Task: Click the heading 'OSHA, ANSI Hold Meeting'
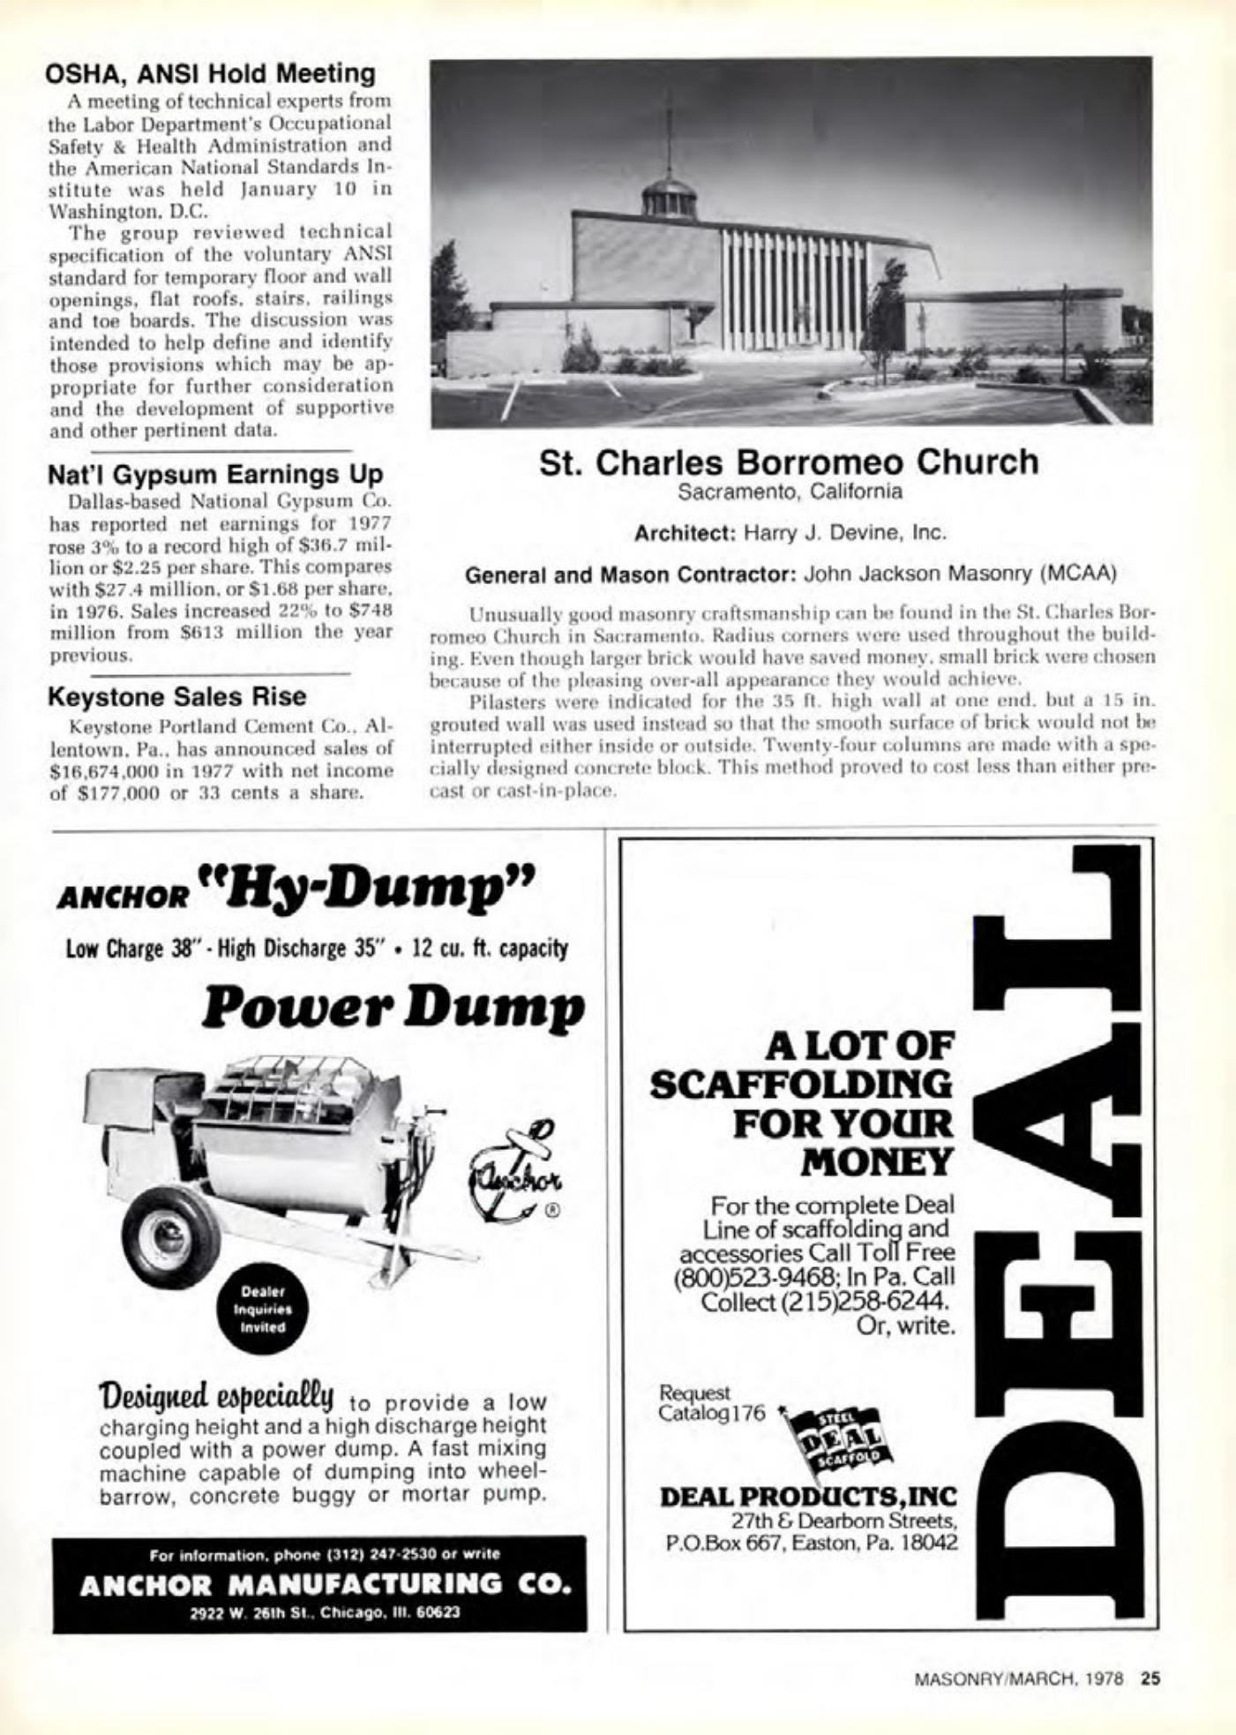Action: pos(211,73)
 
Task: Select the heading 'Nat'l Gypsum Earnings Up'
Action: pos(215,474)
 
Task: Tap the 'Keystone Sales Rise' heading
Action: pos(176,696)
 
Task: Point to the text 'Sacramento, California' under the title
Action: pos(790,492)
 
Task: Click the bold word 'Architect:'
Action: pos(685,533)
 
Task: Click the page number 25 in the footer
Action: pos(1150,1680)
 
